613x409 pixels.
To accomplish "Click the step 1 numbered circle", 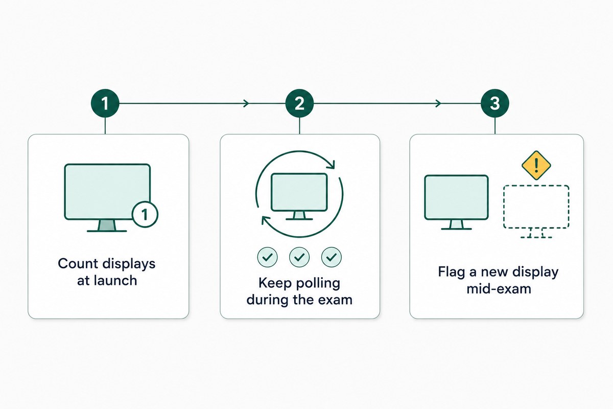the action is [105, 103].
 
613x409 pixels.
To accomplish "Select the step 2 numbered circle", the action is [299, 103].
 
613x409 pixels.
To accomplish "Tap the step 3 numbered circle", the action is [495, 103].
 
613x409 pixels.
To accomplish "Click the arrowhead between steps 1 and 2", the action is [247, 104].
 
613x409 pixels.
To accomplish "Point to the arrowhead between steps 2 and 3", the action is [438, 104].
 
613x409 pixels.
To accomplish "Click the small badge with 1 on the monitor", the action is [145, 215].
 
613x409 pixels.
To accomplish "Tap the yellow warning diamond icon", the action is [536, 165].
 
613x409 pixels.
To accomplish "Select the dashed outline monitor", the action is [536, 212].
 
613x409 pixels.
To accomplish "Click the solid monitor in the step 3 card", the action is [456, 202].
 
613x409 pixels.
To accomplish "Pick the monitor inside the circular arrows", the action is [299, 196].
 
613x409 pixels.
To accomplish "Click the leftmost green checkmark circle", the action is [267, 257].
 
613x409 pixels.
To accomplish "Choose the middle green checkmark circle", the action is [299, 257].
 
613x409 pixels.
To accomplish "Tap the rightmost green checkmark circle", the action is [332, 257].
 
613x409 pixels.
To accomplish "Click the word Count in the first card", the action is [78, 263].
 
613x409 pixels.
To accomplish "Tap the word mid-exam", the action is [499, 289].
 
